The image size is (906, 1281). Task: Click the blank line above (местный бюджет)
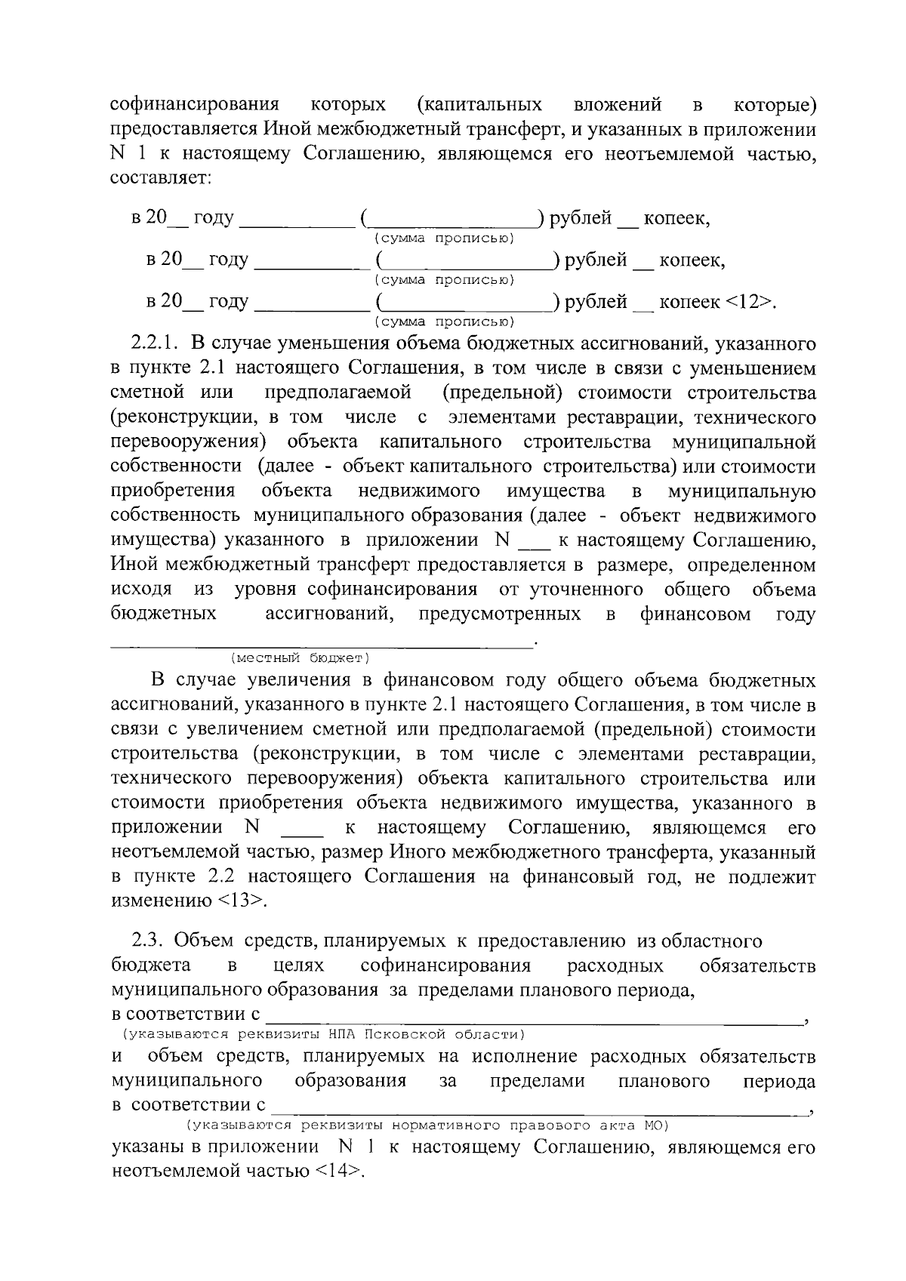pos(322,643)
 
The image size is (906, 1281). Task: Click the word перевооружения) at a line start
pos(189,442)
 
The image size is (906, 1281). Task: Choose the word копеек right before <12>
pos(689,302)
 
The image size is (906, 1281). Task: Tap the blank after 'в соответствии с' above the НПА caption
pos(535,1017)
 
